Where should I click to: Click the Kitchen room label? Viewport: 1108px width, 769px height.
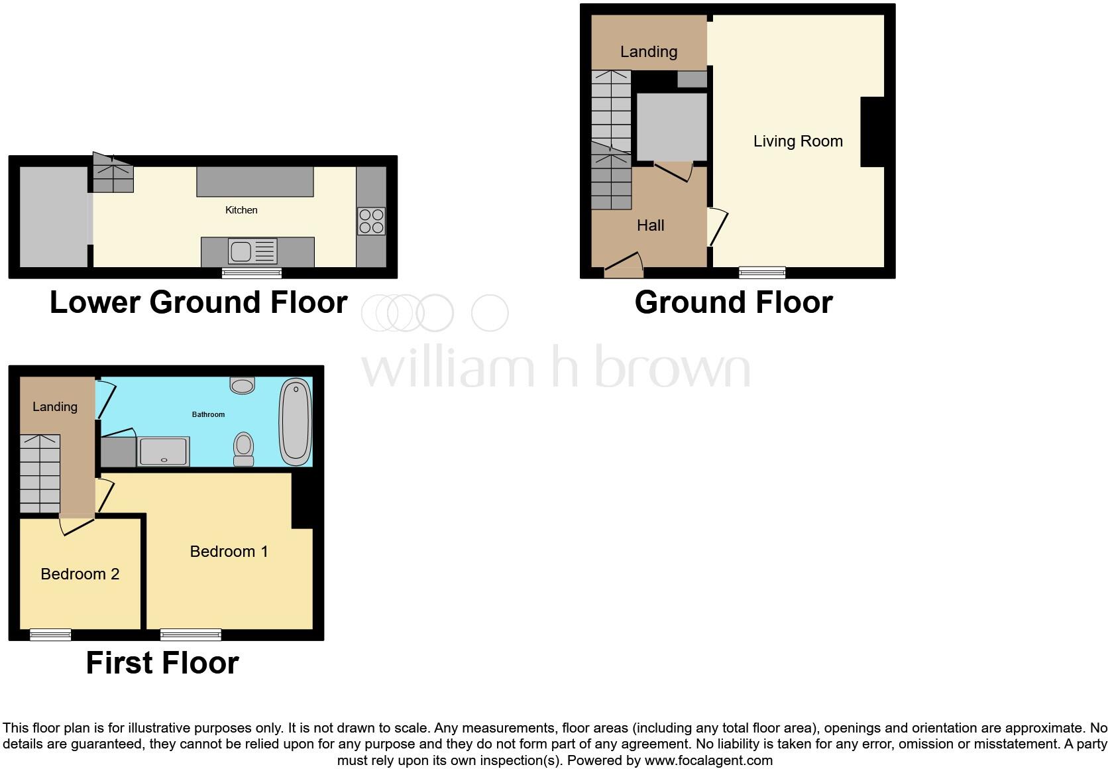coord(241,210)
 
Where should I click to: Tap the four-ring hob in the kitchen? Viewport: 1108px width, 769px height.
coord(371,221)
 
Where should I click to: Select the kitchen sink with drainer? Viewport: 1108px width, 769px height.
coord(252,251)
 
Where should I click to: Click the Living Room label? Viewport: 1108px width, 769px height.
coord(798,141)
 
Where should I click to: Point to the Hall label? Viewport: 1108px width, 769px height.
coord(650,225)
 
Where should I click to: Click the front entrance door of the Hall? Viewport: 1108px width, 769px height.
coord(624,268)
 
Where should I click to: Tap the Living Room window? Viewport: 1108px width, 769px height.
coord(762,272)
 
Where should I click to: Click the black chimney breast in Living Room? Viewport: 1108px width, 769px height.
coord(872,132)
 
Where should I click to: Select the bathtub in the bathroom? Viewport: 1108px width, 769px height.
coord(296,422)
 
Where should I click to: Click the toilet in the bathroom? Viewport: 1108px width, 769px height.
coord(244,449)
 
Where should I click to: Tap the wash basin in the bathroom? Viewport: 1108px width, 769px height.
coord(243,385)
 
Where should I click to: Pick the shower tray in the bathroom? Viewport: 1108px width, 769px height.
coord(164,451)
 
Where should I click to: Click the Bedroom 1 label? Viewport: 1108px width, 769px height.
coord(229,552)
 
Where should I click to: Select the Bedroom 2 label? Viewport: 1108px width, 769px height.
coord(80,574)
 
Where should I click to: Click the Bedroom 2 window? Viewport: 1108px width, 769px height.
coord(50,634)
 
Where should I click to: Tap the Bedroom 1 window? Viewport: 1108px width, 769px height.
coord(191,634)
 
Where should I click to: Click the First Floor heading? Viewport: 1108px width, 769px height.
coord(162,663)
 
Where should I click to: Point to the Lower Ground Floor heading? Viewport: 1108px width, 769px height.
coord(198,302)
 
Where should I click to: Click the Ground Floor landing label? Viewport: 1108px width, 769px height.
coord(648,52)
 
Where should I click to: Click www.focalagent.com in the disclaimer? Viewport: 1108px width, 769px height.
coord(708,760)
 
